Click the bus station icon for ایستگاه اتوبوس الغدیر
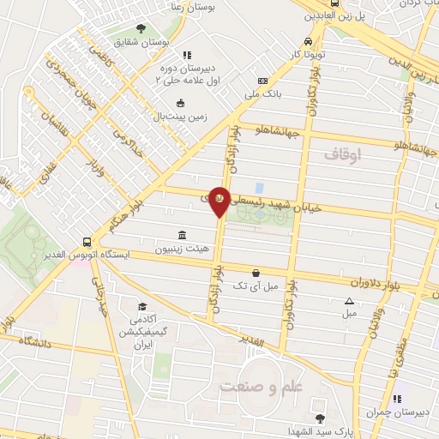[x=87, y=242]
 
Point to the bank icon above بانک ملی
[x=262, y=82]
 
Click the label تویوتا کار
[x=307, y=54]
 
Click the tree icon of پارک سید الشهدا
[x=320, y=418]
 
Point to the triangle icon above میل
[x=349, y=300]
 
